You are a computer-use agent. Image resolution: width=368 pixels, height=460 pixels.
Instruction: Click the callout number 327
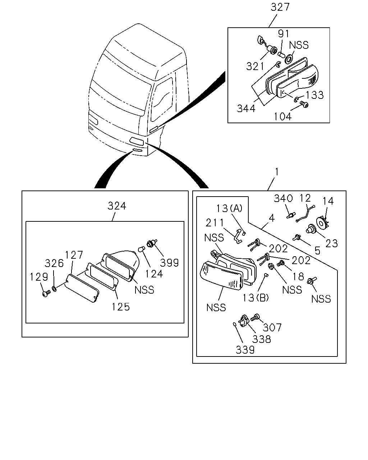point(280,7)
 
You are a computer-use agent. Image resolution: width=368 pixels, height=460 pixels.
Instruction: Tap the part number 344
point(246,109)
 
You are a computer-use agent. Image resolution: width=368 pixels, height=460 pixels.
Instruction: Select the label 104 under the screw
point(283,117)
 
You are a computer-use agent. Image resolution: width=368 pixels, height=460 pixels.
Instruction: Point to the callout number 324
point(117,206)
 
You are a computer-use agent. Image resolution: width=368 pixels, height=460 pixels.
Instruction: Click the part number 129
point(39,277)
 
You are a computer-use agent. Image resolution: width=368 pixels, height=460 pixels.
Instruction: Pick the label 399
point(169,263)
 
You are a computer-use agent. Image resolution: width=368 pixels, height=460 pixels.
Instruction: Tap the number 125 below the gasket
point(121,307)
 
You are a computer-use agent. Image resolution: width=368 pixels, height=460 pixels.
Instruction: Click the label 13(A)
point(229,208)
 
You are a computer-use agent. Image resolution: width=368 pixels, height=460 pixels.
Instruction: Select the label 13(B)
point(256,298)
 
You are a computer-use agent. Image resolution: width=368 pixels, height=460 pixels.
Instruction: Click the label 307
point(272,327)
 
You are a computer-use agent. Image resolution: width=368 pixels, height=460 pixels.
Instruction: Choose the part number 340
point(283,198)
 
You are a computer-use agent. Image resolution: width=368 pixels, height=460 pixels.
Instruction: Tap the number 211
point(215,223)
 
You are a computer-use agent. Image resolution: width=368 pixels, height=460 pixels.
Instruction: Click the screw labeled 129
point(46,293)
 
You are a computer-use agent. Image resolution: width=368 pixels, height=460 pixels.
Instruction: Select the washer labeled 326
point(54,289)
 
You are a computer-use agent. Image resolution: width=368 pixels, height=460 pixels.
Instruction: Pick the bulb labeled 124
point(142,249)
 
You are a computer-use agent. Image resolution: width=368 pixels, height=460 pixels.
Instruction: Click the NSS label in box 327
point(299,45)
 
